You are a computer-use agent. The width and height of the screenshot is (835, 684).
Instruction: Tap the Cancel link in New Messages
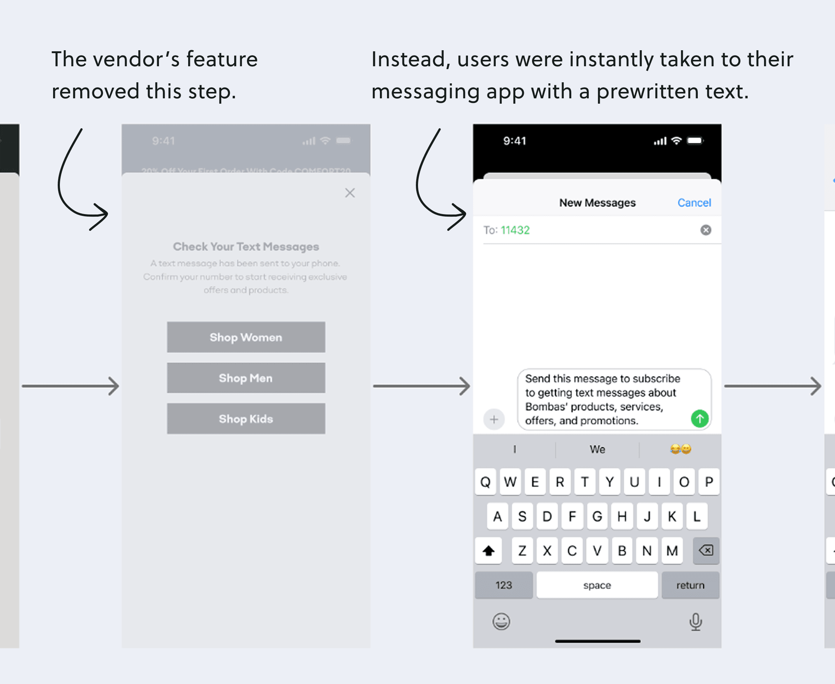click(694, 202)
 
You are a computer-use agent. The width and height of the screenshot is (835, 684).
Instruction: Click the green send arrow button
click(700, 419)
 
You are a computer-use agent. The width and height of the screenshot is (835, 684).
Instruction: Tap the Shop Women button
click(246, 337)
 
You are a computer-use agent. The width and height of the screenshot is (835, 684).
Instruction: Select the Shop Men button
click(246, 378)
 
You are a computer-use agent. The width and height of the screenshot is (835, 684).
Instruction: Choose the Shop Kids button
click(246, 419)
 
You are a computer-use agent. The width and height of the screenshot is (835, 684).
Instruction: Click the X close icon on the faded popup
click(350, 193)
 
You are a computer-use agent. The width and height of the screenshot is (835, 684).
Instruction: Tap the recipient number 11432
click(515, 230)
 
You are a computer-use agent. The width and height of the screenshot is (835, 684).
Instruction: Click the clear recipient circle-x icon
click(706, 230)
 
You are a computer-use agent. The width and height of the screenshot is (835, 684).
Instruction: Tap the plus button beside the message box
click(494, 419)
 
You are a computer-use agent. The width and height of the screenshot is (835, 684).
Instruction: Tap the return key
click(690, 585)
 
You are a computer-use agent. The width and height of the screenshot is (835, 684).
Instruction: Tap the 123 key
click(504, 585)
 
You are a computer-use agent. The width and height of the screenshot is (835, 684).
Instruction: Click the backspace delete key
click(706, 550)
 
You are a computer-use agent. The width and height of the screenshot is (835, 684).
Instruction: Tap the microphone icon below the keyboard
click(696, 622)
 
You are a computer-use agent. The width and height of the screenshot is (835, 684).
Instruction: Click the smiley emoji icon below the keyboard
click(501, 622)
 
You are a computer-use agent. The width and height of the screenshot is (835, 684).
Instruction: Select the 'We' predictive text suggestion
click(597, 449)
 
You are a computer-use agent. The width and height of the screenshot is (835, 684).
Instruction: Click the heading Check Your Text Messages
click(246, 247)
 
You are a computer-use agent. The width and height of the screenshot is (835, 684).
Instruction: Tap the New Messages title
click(597, 202)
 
